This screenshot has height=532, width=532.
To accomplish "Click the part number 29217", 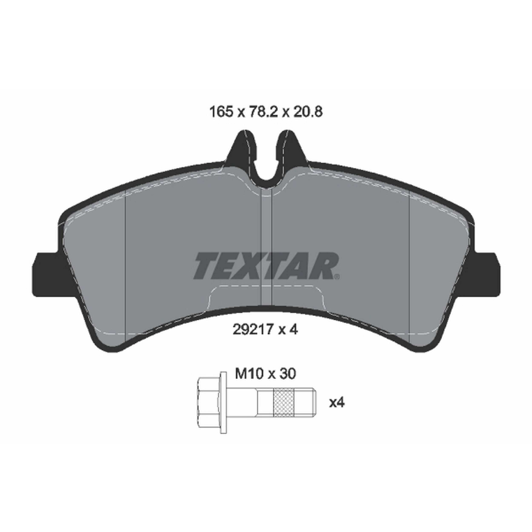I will tap(253, 330).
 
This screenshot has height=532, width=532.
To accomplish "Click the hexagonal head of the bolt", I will tap(209, 403).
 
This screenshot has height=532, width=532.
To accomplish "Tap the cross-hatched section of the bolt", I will tap(284, 403).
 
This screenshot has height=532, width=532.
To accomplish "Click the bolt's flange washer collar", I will tap(224, 403).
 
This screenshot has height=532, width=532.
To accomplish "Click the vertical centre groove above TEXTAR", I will tap(266, 220).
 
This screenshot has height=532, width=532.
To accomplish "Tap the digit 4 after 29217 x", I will tap(294, 330).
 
